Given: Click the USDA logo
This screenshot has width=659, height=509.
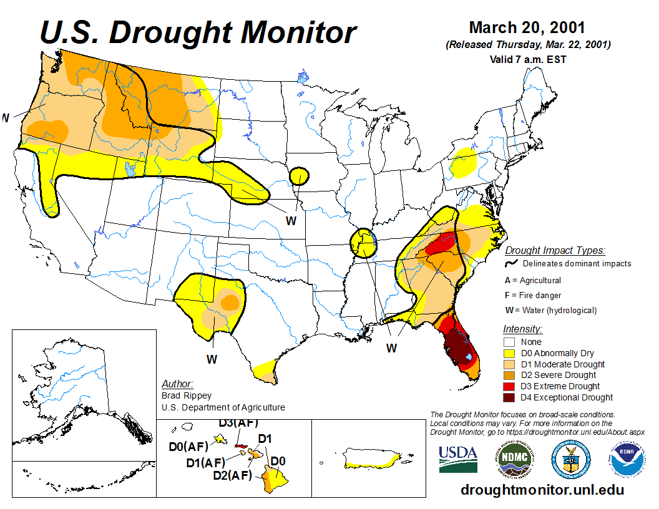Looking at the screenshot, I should coord(458,459).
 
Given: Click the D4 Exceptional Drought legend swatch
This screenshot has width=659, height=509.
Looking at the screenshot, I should coord(509,397).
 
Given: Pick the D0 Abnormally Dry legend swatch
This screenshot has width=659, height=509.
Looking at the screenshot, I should coord(509,353).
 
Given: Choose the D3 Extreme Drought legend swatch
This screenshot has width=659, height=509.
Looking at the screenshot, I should coord(509,386).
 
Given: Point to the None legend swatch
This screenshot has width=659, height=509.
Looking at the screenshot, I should coord(509,342).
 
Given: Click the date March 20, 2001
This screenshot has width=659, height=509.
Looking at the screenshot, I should coord(527,28).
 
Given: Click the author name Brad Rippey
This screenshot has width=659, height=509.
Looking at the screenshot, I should coord(187,395).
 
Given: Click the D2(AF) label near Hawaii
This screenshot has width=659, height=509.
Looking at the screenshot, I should coord(232,476).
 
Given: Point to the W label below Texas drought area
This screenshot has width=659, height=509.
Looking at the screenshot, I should coord(212,359).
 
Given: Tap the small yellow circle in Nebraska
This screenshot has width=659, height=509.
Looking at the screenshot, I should coord(300,176).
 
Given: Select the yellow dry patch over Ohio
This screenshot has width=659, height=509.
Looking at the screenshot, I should coord(464,163).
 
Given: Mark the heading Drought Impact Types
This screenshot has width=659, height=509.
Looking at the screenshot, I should coord(555,251).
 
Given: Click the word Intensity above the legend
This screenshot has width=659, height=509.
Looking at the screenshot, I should coord(522,329).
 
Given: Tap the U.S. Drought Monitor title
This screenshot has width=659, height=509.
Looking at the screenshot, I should coord(198,32).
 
